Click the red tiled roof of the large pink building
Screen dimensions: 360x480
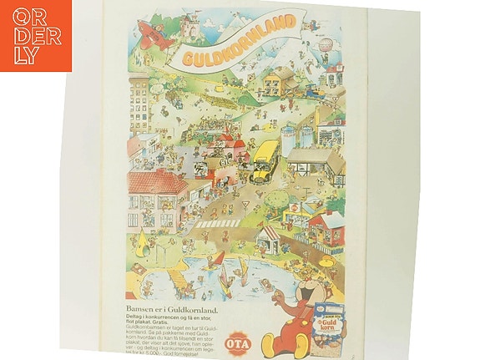pos(159,181)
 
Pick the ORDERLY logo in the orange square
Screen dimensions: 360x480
pos(36,35)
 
